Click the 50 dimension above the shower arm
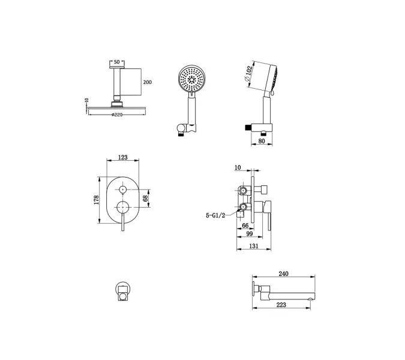pos(117,62)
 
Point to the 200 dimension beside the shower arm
pos(148,82)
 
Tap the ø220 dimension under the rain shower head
pos(117,115)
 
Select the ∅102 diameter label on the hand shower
pos(248,74)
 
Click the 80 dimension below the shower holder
pos(262,141)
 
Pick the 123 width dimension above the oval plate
pos(122,157)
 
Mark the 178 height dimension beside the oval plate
pos(97,200)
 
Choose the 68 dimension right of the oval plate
pos(145,199)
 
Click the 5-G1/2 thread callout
pos(215,215)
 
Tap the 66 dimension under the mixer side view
pos(245,226)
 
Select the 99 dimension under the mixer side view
pos(250,234)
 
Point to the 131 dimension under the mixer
pos(254,246)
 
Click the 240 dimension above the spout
pos(284,274)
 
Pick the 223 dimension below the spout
pos(281,305)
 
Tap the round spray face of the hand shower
pos(191,78)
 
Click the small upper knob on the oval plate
pos(122,190)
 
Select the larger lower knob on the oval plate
pos(122,207)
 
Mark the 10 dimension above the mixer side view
pos(238,167)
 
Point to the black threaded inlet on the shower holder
pos(248,127)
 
